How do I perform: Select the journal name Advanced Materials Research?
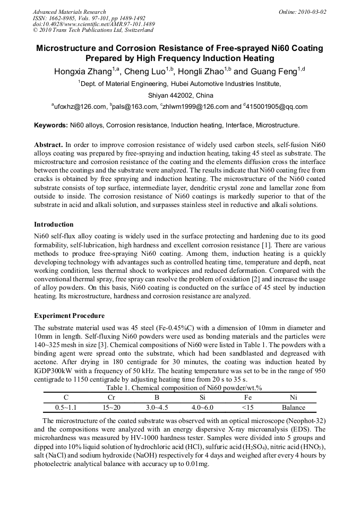pos(70,12)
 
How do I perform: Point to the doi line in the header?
pos(94,24)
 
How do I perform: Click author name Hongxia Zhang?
pos(82,72)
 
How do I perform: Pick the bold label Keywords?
pos(51,126)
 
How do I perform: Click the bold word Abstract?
pos(48,145)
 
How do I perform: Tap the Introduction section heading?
pos(54,225)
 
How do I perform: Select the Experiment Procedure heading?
pos(69,316)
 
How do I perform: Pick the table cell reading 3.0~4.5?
pos(157,408)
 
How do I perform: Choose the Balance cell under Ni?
pos(294,408)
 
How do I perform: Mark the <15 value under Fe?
pos(247,408)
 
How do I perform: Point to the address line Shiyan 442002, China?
pos(180,96)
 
